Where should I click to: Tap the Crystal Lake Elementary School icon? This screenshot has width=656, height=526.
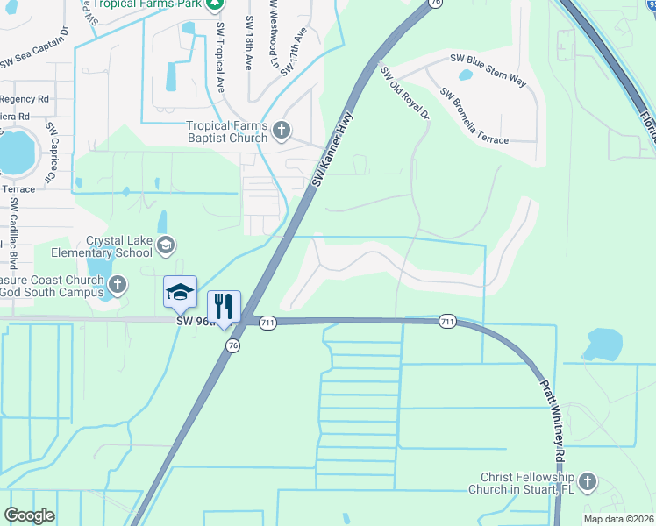pos(167,246)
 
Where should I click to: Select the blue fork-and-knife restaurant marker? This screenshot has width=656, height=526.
pos(224,306)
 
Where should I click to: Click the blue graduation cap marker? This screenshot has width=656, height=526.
pos(180,292)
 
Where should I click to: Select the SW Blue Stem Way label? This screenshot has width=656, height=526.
pos(488,70)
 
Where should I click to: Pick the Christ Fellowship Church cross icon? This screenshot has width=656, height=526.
pos(588,482)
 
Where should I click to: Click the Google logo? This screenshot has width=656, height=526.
pos(29,515)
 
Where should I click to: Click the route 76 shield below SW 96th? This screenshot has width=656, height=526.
pos(232,346)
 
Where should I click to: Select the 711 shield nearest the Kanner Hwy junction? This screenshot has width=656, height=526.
pos(267,323)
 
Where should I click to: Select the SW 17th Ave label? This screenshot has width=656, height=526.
pos(294,53)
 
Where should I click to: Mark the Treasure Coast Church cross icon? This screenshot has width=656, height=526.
pos(118,284)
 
